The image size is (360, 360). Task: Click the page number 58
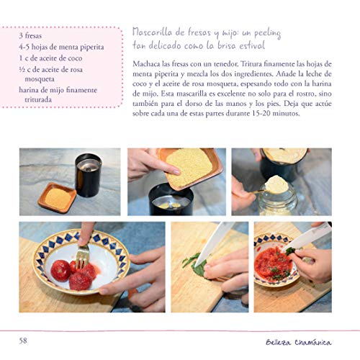(x=23, y=341)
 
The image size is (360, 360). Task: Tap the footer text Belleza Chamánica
(x=299, y=342)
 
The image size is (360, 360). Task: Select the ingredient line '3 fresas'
(x=30, y=36)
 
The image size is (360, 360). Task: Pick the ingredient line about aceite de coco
(x=50, y=58)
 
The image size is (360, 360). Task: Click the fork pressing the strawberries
(x=82, y=256)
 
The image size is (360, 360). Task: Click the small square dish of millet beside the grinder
(x=57, y=197)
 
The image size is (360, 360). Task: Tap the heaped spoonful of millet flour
(x=276, y=184)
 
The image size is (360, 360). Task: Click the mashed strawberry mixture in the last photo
(x=273, y=264)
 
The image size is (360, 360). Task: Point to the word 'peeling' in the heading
(x=267, y=34)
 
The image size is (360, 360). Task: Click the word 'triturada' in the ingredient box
(x=38, y=99)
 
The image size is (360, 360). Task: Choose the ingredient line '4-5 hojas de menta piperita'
(x=61, y=47)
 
